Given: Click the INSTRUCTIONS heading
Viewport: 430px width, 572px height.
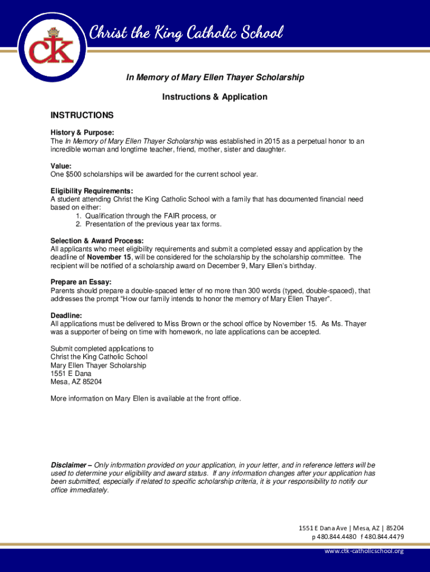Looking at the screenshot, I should pyautogui.click(x=82, y=116).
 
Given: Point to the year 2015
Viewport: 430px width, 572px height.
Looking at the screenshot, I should pyautogui.click(x=267, y=141).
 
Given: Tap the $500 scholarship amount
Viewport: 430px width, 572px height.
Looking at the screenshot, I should pyautogui.click(x=74, y=174).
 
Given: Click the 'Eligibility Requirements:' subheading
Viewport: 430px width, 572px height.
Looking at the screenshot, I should pyautogui.click(x=92, y=190).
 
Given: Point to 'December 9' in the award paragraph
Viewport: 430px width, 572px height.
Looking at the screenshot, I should pyautogui.click(x=225, y=266).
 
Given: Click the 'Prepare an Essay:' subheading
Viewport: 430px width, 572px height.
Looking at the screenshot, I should pyautogui.click(x=81, y=282).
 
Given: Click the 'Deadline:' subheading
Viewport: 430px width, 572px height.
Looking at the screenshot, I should pyautogui.click(x=66, y=315).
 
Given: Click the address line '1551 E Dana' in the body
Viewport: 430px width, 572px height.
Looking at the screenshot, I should pyautogui.click(x=71, y=373).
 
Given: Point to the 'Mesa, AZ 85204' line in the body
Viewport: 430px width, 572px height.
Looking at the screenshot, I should pyautogui.click(x=77, y=382).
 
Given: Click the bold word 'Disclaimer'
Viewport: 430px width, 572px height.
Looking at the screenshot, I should pyautogui.click(x=69, y=465).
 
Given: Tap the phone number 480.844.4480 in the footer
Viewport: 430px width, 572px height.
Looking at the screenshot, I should pyautogui.click(x=336, y=537).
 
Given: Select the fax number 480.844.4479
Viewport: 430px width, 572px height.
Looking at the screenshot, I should pyautogui.click(x=385, y=537).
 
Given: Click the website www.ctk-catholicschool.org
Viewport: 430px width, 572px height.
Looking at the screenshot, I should pyautogui.click(x=364, y=551).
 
